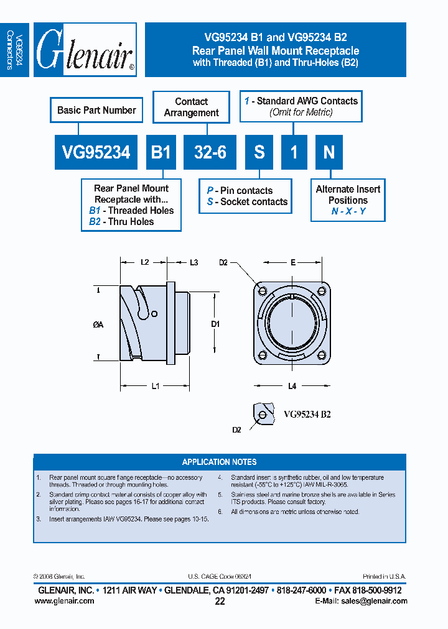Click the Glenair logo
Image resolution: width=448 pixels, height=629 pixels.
coord(85,50)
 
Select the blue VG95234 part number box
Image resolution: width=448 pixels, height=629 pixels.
coord(96,152)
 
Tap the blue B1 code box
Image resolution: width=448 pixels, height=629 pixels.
coord(161,152)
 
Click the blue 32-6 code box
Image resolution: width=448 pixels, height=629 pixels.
coord(210,152)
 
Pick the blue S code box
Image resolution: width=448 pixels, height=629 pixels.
coord(259,152)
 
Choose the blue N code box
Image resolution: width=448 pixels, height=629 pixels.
coord(329,152)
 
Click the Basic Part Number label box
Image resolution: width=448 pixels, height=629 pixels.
coord(96,110)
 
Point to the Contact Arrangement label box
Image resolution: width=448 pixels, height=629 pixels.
coord(191,107)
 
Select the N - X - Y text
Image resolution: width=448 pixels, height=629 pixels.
coord(348,211)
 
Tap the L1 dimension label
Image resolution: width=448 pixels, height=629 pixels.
coord(156,386)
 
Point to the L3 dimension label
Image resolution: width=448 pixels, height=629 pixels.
coord(194,263)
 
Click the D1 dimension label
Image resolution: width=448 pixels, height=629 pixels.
coord(215,324)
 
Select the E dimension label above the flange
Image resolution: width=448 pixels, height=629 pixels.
coord(292,263)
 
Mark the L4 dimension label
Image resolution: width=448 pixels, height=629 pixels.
coord(292,386)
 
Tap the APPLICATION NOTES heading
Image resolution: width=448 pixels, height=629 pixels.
coord(219,462)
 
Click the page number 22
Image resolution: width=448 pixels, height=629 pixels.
coord(220,601)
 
